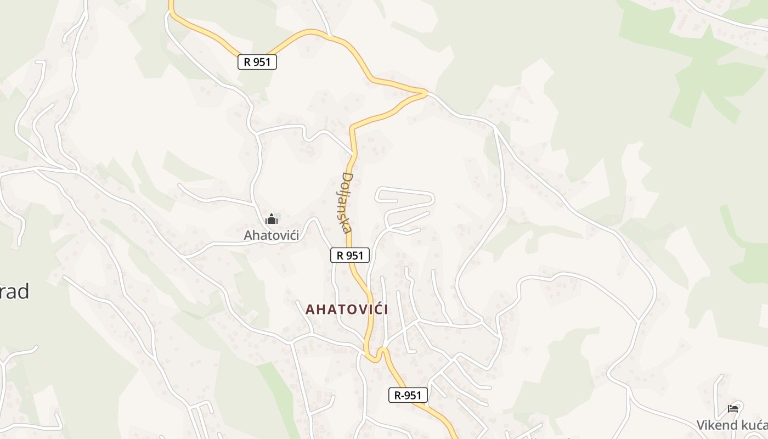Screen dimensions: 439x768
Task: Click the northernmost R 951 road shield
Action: (257, 62)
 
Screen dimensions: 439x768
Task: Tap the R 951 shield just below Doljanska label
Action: (350, 255)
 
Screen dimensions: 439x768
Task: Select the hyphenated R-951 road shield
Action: (408, 395)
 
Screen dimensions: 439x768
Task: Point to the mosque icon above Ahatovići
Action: (272, 219)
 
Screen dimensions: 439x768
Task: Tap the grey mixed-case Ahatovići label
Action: (272, 235)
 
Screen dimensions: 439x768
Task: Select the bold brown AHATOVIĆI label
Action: (347, 309)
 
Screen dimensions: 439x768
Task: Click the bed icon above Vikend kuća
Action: (733, 408)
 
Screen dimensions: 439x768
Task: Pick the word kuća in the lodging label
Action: (756, 425)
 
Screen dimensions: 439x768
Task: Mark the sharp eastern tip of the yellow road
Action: (426, 93)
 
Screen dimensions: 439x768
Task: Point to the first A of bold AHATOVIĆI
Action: (310, 309)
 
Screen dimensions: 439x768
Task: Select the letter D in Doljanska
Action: (347, 178)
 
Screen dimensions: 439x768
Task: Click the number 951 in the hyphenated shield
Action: (413, 395)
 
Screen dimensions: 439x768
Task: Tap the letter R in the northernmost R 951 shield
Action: (247, 62)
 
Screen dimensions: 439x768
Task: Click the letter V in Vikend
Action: (701, 425)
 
